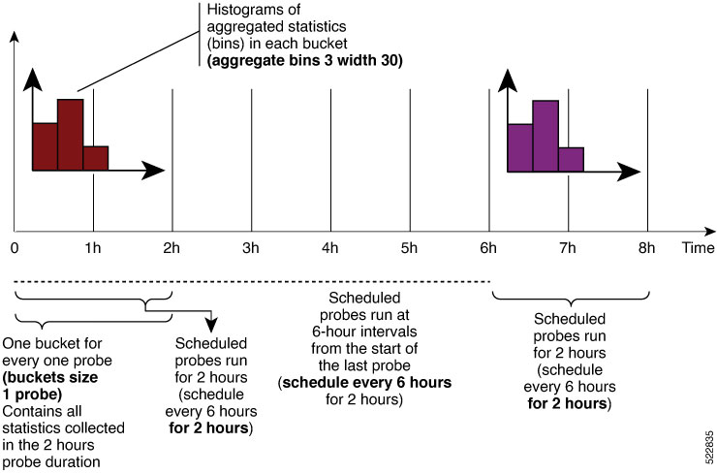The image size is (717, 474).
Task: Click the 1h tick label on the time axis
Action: click(93, 248)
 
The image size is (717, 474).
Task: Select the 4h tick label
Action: click(330, 248)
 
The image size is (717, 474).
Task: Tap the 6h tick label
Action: click(488, 248)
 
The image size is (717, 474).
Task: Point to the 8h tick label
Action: click(646, 248)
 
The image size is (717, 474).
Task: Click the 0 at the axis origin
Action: click(16, 248)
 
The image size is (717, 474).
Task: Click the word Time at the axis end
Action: click(698, 248)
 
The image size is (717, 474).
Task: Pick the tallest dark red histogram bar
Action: click(71, 135)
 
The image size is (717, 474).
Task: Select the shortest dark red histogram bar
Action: click(96, 158)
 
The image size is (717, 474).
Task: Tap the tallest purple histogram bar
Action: click(546, 136)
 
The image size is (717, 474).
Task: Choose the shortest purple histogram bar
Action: click(571, 160)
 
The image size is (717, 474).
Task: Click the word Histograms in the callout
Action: click(253, 10)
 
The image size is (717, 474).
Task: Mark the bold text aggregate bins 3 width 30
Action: click(305, 60)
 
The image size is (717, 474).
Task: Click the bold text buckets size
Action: click(50, 377)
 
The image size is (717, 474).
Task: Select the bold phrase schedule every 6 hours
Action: click(366, 382)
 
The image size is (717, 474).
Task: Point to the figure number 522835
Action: click(709, 447)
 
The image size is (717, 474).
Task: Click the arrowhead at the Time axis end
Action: click(709, 232)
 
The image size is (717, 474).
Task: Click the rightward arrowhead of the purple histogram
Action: click(628, 172)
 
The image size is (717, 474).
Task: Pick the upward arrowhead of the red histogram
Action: click(33, 79)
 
